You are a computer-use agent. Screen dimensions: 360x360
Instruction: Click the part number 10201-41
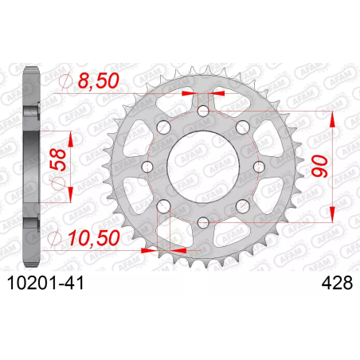(45, 283)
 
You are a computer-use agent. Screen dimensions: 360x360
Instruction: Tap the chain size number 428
(337, 283)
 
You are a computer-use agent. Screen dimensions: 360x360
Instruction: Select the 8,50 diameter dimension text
(98, 80)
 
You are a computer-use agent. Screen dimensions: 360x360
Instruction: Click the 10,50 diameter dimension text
(94, 237)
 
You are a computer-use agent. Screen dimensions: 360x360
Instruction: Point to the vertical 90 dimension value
(319, 166)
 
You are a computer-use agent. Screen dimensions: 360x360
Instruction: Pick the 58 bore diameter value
(57, 159)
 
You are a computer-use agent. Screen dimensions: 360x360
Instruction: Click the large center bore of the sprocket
(202, 166)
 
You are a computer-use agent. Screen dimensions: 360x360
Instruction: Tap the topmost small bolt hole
(203, 111)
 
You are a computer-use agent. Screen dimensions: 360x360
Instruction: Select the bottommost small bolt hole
(203, 222)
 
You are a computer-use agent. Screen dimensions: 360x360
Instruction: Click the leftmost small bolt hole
(147, 166)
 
